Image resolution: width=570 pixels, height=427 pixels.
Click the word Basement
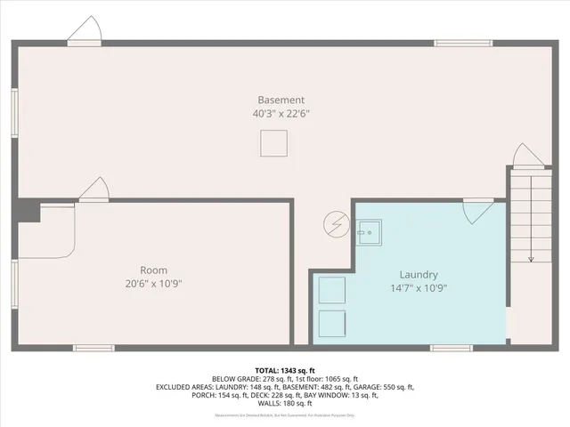coord(281,100)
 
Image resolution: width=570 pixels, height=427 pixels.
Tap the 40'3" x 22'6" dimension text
coord(281,114)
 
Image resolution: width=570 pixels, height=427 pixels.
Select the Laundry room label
coord(419,275)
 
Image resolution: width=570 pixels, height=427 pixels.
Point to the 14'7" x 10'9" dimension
coord(419,288)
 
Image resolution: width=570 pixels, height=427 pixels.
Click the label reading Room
coord(153,270)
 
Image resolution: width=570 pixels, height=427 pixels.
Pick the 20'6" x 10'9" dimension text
coord(153,284)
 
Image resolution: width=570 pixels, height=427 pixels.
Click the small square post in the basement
coord(273,142)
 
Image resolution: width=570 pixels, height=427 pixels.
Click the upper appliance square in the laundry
coord(331,290)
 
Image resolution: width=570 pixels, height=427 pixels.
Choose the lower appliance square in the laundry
coord(331,323)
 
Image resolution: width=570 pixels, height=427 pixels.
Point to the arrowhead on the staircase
coord(531,259)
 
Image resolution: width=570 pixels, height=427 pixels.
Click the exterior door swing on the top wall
coord(85,32)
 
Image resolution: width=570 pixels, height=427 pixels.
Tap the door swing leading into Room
coord(94,189)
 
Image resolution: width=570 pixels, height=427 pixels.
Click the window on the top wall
coord(462,42)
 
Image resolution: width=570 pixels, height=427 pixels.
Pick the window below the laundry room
coord(452,347)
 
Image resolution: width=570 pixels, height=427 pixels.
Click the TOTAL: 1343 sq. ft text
coord(285,369)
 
